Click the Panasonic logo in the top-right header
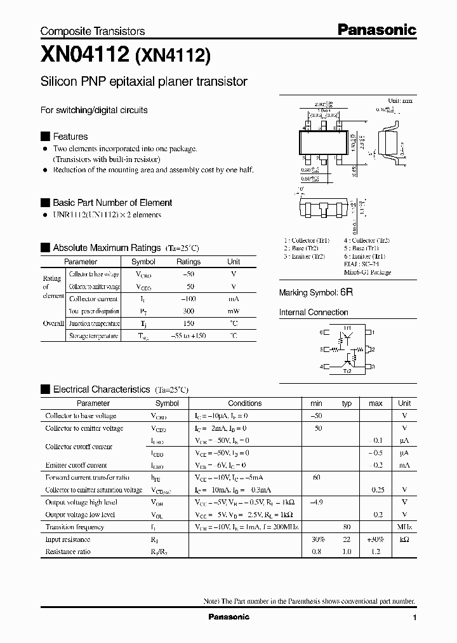(x=376, y=29)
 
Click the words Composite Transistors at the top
(x=93, y=31)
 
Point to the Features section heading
(x=70, y=137)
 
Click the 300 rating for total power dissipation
(x=188, y=311)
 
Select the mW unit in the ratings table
(x=234, y=311)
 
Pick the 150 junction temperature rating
(x=188, y=323)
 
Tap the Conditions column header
(x=244, y=403)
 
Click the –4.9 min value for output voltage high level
(x=316, y=502)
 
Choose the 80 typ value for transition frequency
(x=347, y=527)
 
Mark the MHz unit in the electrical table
(x=404, y=527)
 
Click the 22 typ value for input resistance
(x=347, y=539)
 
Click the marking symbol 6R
(x=347, y=292)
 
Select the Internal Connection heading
(x=314, y=313)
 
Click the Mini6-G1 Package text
(x=368, y=273)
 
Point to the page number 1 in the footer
(x=414, y=618)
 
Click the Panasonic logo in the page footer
(x=228, y=617)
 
